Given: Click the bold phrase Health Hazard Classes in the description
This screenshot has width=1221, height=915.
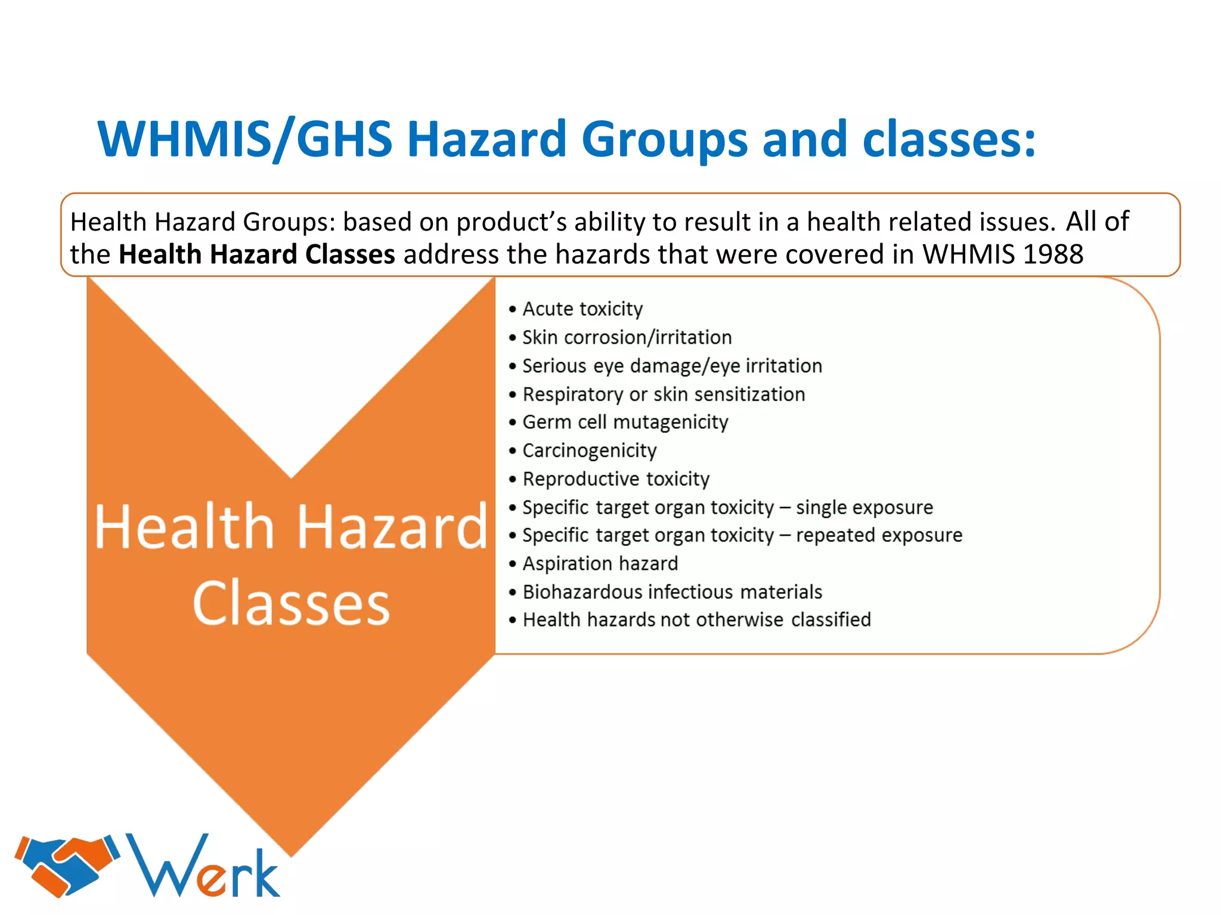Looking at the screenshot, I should click(x=256, y=254).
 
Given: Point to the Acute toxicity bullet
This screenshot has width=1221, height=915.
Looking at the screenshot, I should click(x=582, y=309).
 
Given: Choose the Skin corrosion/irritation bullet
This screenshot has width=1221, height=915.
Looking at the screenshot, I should click(x=626, y=337).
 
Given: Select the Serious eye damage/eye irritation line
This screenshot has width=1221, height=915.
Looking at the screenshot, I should click(x=671, y=366).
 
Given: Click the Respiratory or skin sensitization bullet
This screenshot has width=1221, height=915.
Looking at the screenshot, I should click(x=663, y=394).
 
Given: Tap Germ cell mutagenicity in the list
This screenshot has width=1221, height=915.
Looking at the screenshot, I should click(x=625, y=422).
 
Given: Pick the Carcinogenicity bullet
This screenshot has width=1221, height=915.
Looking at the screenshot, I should click(x=589, y=450).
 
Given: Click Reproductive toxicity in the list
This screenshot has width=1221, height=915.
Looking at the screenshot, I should click(x=615, y=479).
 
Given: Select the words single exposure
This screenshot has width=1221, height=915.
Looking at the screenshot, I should click(x=864, y=507).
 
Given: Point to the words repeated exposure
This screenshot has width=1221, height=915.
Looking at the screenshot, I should click(x=879, y=535).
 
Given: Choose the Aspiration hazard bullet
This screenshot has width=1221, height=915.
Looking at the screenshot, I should click(x=600, y=564).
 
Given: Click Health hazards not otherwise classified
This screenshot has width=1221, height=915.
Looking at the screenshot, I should click(x=696, y=620).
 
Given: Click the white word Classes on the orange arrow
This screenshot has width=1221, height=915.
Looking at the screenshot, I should click(x=291, y=603).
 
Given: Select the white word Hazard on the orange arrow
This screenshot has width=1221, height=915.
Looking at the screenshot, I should click(x=392, y=527).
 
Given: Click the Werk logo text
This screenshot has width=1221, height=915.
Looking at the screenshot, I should click(x=203, y=867).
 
